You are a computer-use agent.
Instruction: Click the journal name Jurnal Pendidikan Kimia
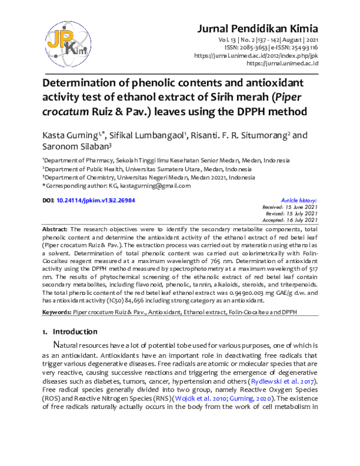coord(261,28)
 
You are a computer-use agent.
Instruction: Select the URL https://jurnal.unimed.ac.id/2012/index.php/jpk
coord(257,55)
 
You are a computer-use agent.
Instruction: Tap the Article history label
coord(299,200)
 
